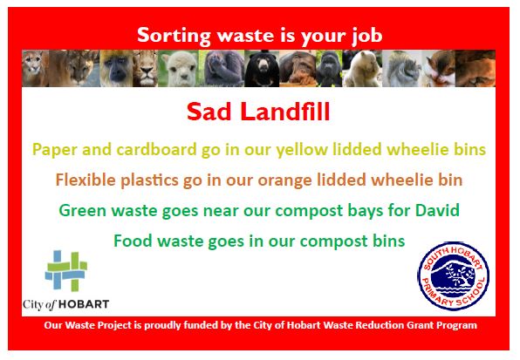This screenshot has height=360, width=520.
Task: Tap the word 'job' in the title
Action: (x=363, y=37)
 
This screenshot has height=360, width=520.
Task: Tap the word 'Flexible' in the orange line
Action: (x=86, y=180)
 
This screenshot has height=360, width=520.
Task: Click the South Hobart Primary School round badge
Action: (x=454, y=277)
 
